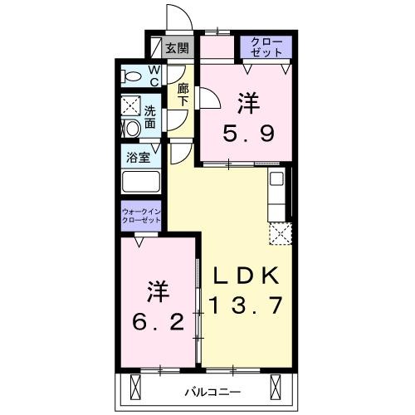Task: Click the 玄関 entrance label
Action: (178, 48)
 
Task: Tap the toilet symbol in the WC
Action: (131, 76)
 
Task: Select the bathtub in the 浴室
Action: (141, 182)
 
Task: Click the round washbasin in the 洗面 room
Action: (132, 129)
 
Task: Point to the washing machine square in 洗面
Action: (131, 105)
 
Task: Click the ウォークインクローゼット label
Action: (141, 216)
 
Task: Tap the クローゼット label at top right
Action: (266, 47)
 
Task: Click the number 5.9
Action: (248, 134)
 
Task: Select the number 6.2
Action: (158, 322)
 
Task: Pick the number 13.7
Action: (246, 305)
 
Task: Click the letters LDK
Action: (246, 276)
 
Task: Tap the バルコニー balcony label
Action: (213, 392)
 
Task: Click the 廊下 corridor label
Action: (183, 95)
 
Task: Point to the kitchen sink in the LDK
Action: (276, 178)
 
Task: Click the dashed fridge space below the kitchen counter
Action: (281, 233)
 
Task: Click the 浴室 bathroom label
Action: (139, 158)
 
